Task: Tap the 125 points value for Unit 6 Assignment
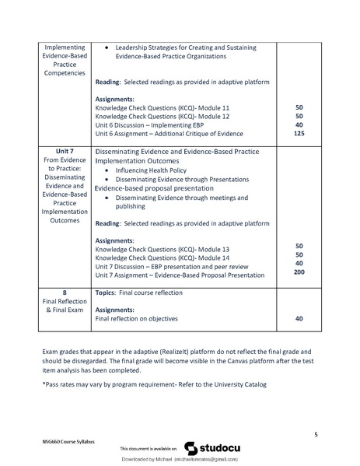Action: (299, 135)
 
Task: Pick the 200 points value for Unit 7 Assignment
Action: (299, 275)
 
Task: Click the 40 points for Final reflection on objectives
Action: (299, 318)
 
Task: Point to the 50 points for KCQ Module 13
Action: (299, 247)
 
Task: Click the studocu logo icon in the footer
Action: (190, 448)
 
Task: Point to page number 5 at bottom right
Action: (316, 433)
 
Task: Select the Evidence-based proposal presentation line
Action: (156, 188)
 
